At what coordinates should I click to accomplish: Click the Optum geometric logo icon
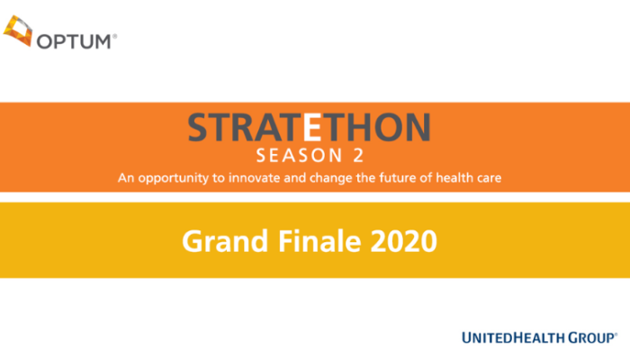coord(19,32)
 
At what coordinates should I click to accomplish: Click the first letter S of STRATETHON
coord(200,128)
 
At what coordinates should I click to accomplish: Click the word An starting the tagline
coord(125,177)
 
